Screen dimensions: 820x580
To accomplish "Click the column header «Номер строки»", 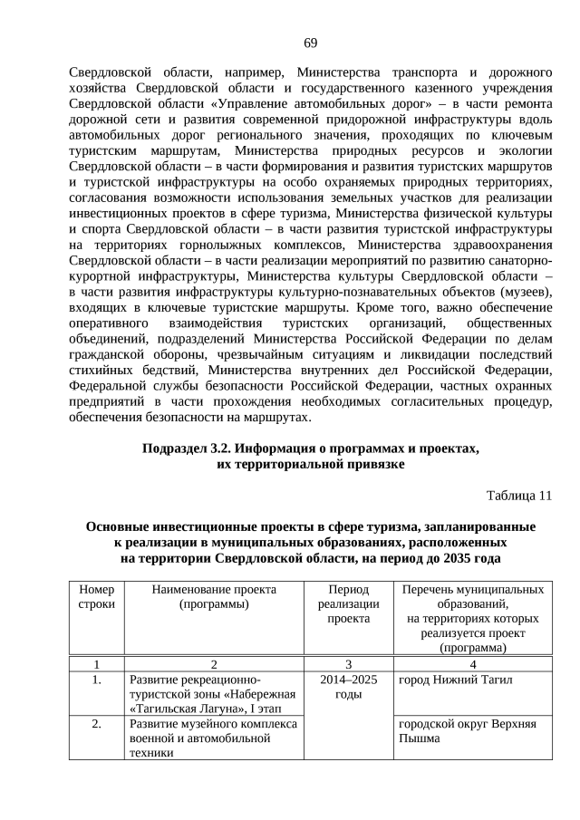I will pyautogui.click(x=97, y=596).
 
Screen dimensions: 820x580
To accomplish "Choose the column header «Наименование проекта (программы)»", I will pyautogui.click(x=214, y=596).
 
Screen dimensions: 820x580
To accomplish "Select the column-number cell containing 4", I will pyautogui.click(x=472, y=662).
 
